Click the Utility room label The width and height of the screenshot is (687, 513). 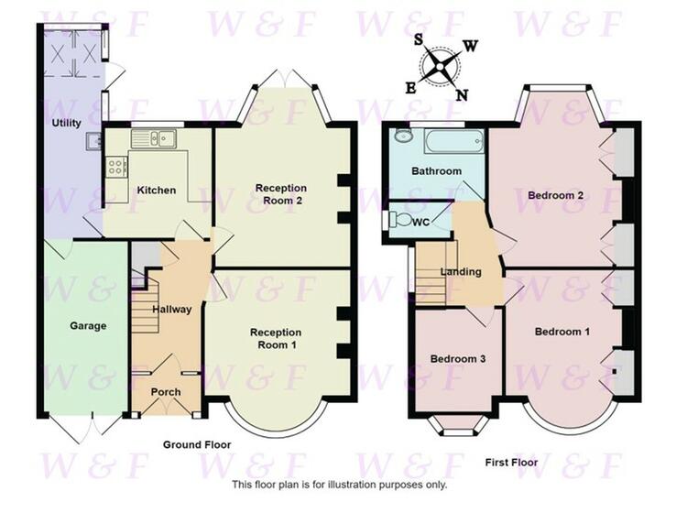click(x=67, y=123)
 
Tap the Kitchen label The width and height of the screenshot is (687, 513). click(x=157, y=191)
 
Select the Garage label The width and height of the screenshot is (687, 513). click(x=88, y=326)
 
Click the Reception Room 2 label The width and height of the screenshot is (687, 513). click(x=281, y=194)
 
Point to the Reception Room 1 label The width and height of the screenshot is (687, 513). click(x=276, y=339)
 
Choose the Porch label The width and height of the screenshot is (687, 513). click(x=166, y=392)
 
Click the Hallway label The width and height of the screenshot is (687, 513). click(x=172, y=310)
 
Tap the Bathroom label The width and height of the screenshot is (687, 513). click(x=436, y=171)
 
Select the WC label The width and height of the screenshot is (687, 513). click(x=421, y=223)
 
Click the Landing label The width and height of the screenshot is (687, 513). click(x=461, y=272)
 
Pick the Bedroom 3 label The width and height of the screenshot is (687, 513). click(x=458, y=359)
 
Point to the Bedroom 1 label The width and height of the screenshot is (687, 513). click(x=562, y=332)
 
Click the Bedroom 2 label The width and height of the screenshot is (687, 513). click(x=556, y=195)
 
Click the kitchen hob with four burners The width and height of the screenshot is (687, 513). click(x=116, y=167)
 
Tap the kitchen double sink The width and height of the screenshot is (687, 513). click(x=153, y=139)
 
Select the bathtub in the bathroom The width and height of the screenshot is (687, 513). click(x=454, y=141)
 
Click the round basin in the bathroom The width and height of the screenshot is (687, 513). click(x=402, y=136)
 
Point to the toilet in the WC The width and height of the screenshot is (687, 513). click(x=398, y=219)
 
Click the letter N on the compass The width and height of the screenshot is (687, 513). click(x=462, y=94)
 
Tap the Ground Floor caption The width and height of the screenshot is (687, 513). click(x=197, y=445)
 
